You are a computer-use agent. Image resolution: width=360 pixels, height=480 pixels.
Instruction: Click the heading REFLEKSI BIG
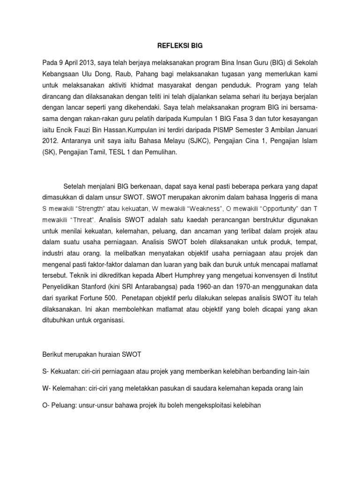pos(180,45)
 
